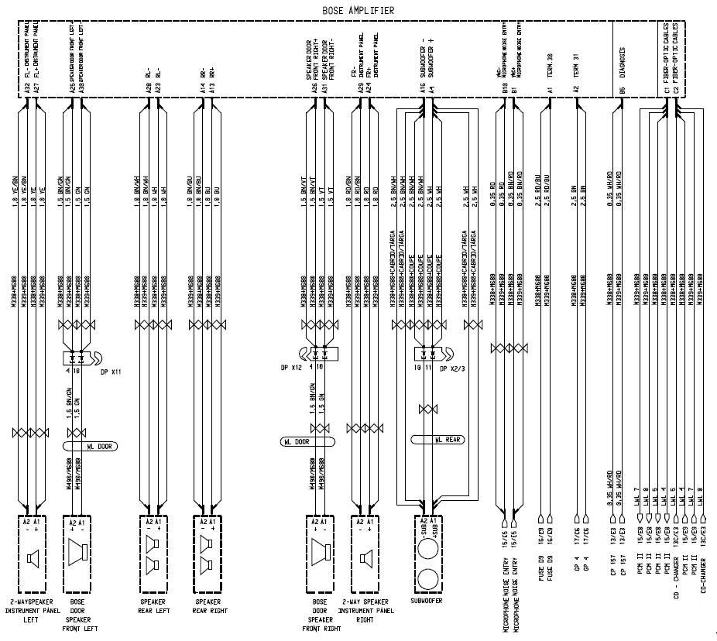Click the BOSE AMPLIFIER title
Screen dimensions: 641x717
coord(357,10)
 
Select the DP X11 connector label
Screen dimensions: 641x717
coord(112,372)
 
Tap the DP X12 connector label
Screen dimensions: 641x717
coord(291,367)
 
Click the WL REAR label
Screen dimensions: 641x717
coord(448,440)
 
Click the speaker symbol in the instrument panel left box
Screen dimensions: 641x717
coord(32,557)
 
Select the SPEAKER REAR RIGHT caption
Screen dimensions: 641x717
coord(208,605)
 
